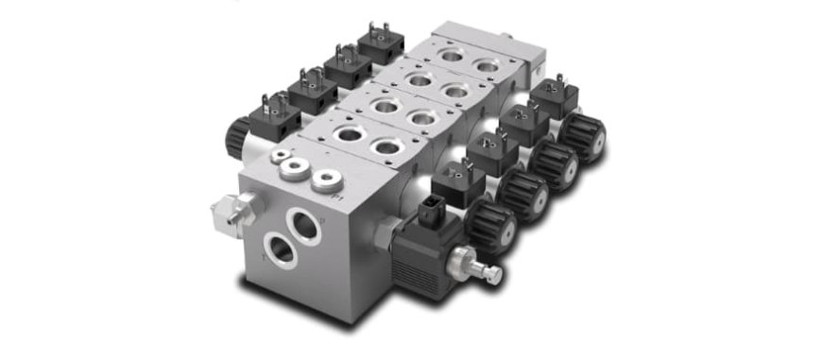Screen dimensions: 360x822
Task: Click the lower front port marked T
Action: (x=279, y=251)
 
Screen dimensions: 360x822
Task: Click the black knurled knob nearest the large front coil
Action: (x=492, y=227)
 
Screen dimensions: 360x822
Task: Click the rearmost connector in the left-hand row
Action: (x=382, y=44)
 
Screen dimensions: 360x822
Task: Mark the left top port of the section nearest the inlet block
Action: (x=351, y=135)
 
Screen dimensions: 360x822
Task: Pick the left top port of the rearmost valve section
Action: (x=452, y=57)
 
